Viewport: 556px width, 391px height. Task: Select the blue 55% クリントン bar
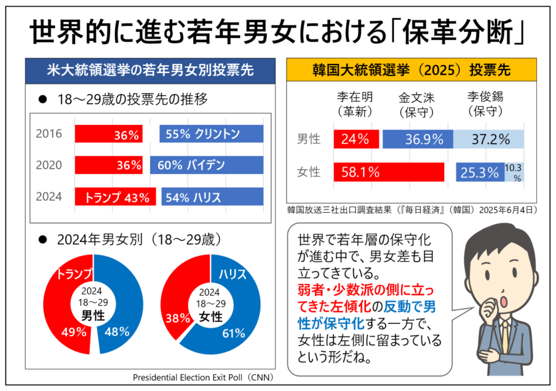point(211,134)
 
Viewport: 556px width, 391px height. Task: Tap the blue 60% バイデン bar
point(206,166)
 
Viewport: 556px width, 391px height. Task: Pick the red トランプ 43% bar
point(115,197)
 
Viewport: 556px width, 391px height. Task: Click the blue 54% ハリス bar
point(212,197)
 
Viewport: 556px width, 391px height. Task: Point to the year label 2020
point(49,166)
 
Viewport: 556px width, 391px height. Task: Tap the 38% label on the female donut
point(178,318)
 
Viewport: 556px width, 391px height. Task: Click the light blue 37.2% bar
point(488,139)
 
